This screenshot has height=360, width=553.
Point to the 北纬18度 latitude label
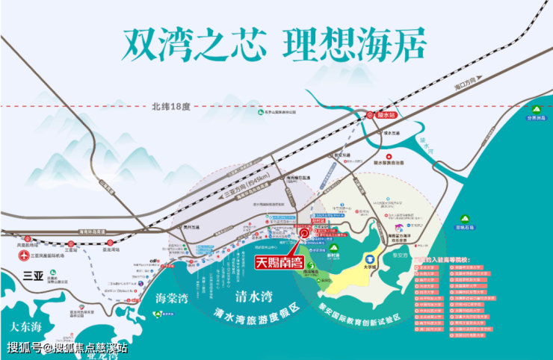(x=170, y=106)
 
